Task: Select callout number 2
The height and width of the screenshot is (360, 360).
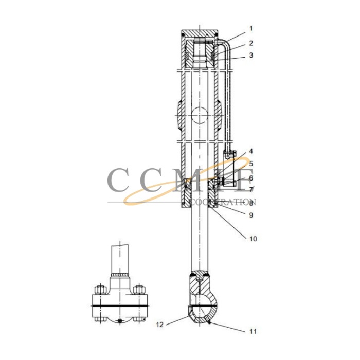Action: point(251,43)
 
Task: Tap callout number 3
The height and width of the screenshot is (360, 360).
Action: point(251,55)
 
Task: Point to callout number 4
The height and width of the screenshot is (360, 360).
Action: point(251,152)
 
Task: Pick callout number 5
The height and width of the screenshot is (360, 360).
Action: point(251,164)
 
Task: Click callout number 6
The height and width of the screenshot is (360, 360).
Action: point(251,177)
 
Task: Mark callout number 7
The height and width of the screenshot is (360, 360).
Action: point(251,190)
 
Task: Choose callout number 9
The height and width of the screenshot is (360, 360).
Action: point(251,215)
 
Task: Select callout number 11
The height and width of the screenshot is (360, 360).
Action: point(252,331)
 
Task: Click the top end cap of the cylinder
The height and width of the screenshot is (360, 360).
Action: point(201,34)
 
